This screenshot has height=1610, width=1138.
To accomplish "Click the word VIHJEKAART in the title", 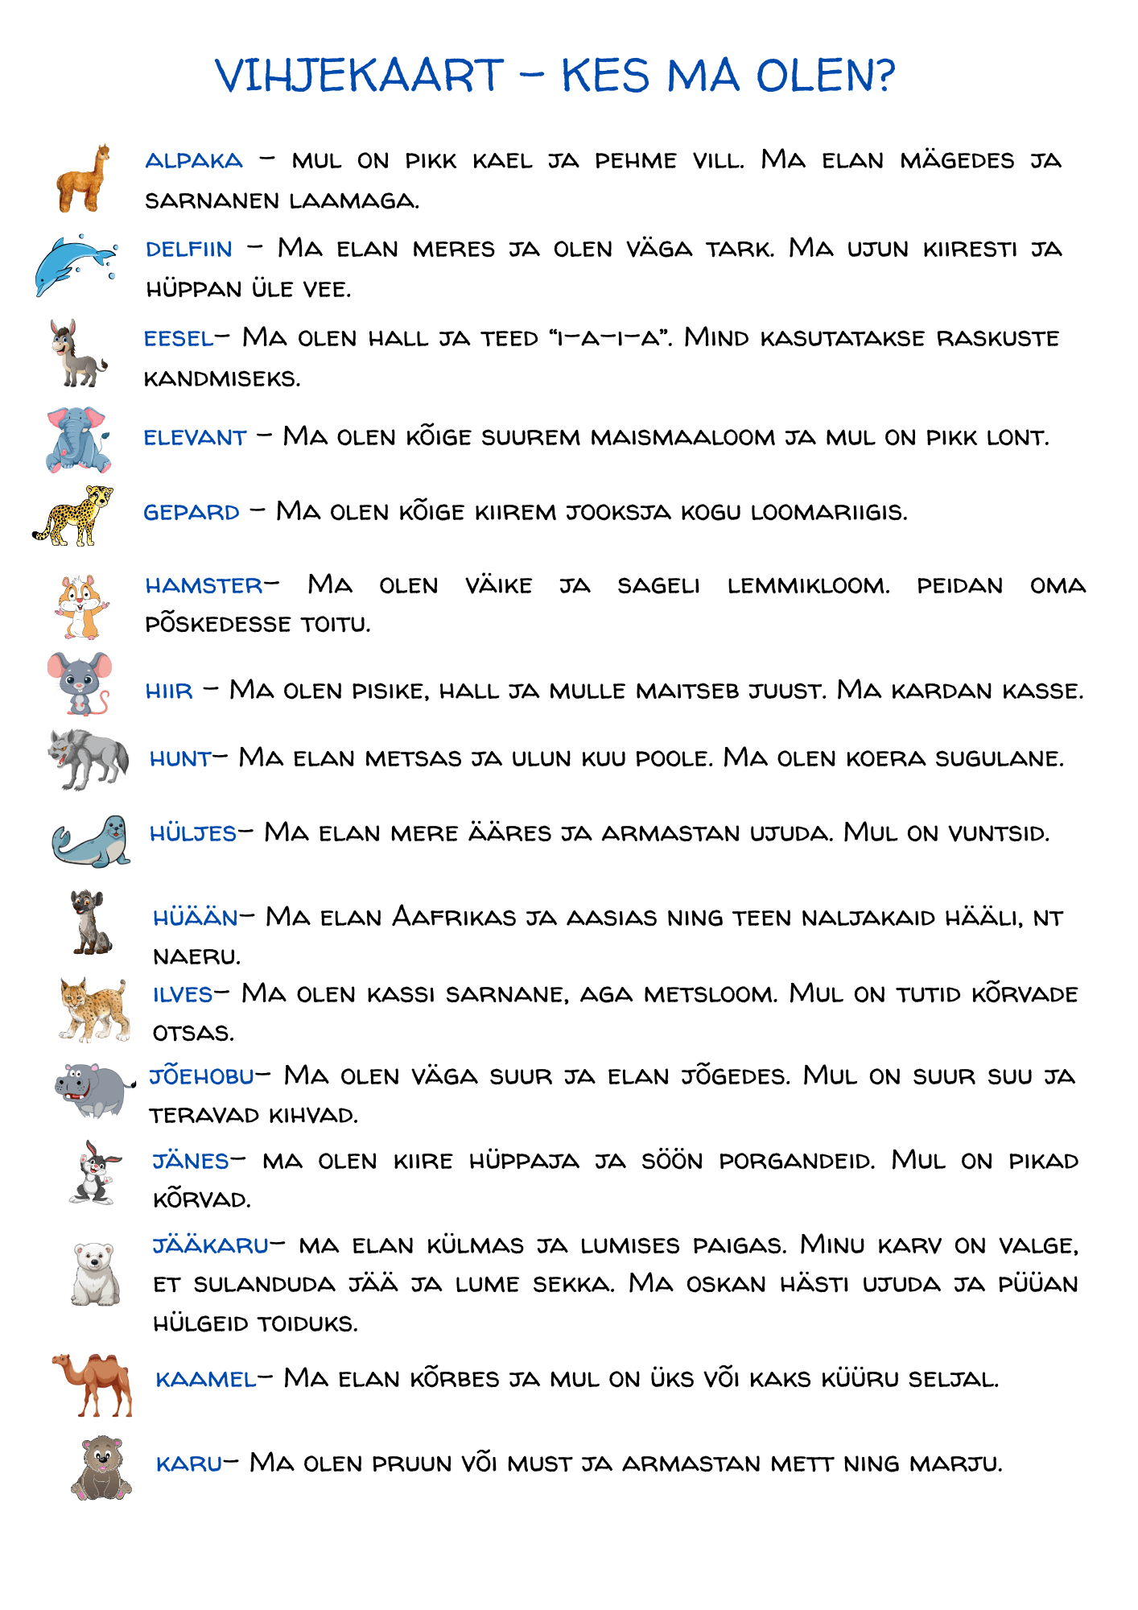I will point(359,76).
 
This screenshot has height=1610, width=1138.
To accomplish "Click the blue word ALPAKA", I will point(194,161).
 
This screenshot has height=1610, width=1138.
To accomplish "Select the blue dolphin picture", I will point(75,264).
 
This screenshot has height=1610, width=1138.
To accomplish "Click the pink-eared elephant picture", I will point(77,440).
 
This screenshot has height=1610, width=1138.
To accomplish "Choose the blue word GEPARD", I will point(192,513).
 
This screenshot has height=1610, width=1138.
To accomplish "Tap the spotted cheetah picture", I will point(73,515).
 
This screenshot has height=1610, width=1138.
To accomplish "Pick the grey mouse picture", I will point(79,683).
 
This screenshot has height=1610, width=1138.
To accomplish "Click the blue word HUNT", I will point(180,759).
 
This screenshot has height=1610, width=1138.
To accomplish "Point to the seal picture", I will point(91,841).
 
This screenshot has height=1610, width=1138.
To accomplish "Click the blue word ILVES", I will point(183,995).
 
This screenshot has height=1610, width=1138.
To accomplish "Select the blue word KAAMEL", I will point(206,1380).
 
